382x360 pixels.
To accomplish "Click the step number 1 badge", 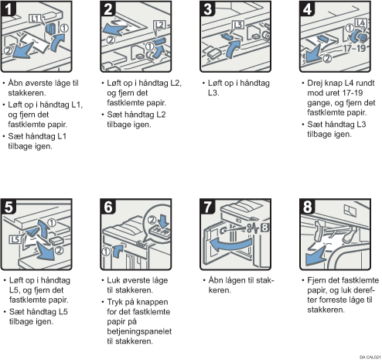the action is click(x=8, y=9).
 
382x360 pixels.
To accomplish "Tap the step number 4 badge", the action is click(x=307, y=9).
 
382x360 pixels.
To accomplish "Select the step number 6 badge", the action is click(x=107, y=206).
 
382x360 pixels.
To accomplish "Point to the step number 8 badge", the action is click(x=307, y=206).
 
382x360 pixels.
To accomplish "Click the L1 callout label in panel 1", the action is click(x=34, y=19).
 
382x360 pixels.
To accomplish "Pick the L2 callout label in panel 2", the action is click(x=159, y=25).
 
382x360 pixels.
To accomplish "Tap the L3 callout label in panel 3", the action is click(x=238, y=25).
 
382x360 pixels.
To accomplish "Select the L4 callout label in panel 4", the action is click(x=360, y=23).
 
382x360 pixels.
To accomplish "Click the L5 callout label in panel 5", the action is click(x=15, y=239).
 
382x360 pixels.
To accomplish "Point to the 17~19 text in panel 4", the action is click(x=354, y=48).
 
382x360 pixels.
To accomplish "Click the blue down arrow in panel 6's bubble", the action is click(x=163, y=220).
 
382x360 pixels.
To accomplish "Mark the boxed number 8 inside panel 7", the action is click(x=264, y=228).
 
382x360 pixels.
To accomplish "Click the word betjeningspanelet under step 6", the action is click(x=139, y=331).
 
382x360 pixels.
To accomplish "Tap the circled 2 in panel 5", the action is click(x=59, y=250).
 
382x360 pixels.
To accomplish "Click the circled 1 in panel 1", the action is click(x=64, y=28).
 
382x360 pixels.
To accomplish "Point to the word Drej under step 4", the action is click(x=314, y=83).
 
